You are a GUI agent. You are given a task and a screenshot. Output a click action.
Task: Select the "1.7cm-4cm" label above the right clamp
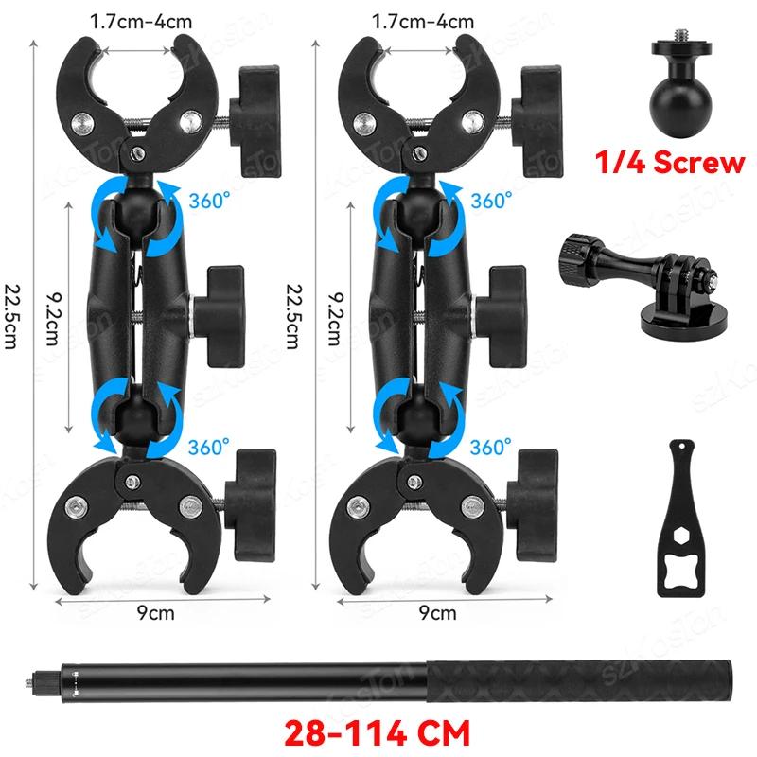(x=423, y=20)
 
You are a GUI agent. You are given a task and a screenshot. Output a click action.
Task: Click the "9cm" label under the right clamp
(x=436, y=612)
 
